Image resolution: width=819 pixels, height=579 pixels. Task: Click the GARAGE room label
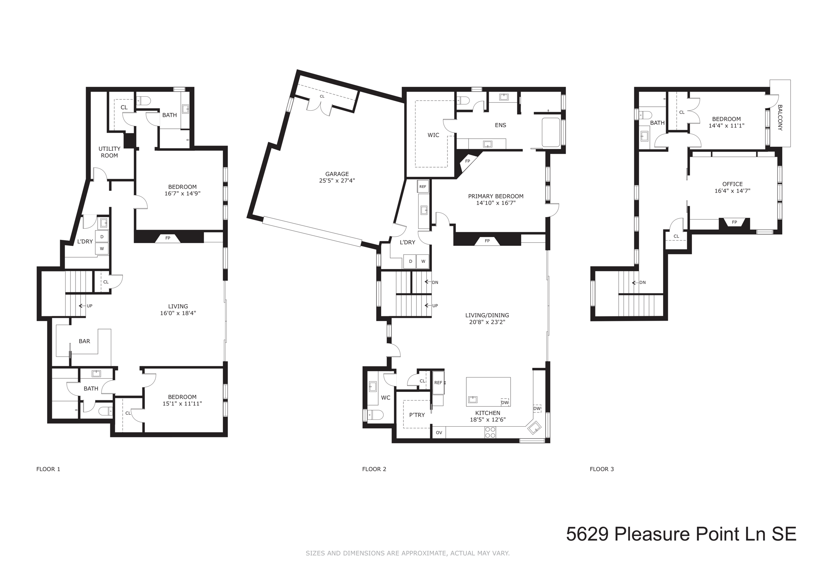pyautogui.click(x=337, y=174)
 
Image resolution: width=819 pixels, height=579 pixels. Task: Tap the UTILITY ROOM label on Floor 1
pyautogui.click(x=109, y=152)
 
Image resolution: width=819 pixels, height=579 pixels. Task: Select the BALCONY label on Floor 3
pyautogui.click(x=779, y=118)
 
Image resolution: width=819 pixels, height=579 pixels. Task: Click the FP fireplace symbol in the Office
pyautogui.click(x=734, y=222)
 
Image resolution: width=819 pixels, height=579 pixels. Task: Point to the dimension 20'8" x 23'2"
pyautogui.click(x=487, y=322)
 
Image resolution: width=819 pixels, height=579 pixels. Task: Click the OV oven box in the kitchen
pyautogui.click(x=439, y=433)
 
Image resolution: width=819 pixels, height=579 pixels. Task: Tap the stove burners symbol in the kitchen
pyautogui.click(x=490, y=432)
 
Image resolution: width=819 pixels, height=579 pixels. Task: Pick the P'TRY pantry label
pyautogui.click(x=417, y=415)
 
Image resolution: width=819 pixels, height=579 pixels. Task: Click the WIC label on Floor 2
pyautogui.click(x=433, y=135)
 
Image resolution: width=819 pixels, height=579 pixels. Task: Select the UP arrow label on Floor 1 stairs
pyautogui.click(x=89, y=306)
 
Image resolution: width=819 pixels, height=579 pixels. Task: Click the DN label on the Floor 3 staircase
pyautogui.click(x=642, y=282)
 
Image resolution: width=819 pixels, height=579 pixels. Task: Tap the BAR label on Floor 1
pyautogui.click(x=84, y=341)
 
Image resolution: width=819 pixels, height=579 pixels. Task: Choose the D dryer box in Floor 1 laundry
pyautogui.click(x=102, y=237)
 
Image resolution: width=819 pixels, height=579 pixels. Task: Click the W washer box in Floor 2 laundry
pyautogui.click(x=423, y=262)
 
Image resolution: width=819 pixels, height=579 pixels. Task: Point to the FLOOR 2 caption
pyautogui.click(x=374, y=469)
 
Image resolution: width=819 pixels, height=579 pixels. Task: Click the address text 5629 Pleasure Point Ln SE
pyautogui.click(x=681, y=534)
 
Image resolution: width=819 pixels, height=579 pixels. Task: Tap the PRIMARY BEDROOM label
pyautogui.click(x=495, y=196)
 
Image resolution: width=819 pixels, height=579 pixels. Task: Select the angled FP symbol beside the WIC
pyautogui.click(x=467, y=161)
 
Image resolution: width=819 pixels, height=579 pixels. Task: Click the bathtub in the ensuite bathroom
pyautogui.click(x=551, y=132)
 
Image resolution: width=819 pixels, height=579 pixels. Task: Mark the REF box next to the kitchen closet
pyautogui.click(x=438, y=383)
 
